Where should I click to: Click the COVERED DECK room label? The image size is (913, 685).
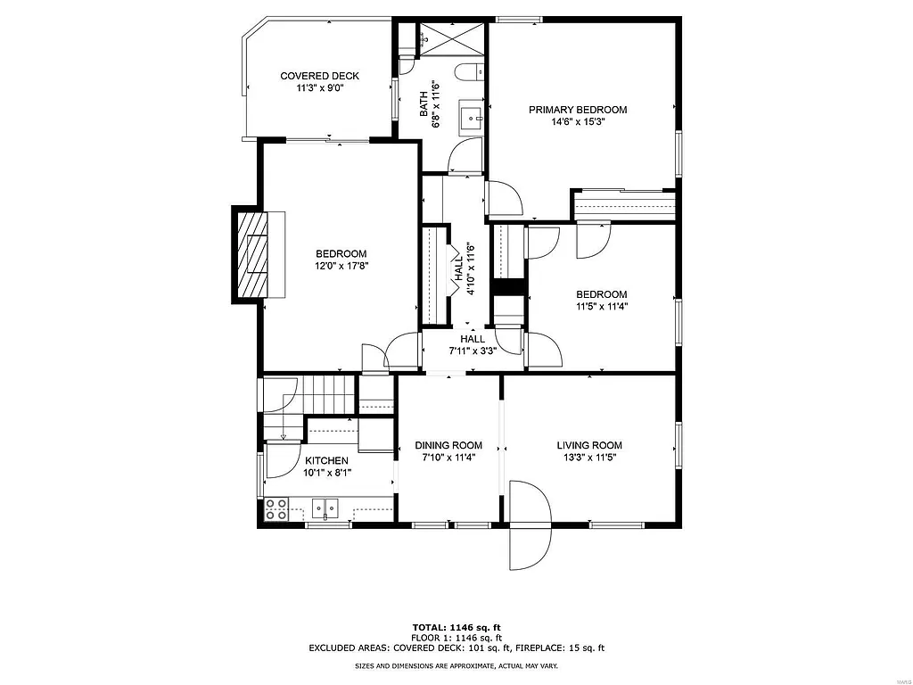319,77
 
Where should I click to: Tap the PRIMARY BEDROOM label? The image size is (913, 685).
578,110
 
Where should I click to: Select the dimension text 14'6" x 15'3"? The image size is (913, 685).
578,122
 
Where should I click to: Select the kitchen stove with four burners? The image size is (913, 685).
276,509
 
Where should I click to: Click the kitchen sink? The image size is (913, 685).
326,509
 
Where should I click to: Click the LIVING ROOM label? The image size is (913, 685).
589,445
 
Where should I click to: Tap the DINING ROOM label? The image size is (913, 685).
448,445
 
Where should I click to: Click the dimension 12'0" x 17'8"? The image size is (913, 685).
340,266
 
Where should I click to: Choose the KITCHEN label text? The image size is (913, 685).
326,460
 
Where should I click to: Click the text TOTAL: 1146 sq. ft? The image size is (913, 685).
456,627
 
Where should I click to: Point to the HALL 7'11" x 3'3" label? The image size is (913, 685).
473,344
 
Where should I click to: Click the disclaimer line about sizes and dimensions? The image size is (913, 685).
456,666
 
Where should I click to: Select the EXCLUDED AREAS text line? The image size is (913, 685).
456,648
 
